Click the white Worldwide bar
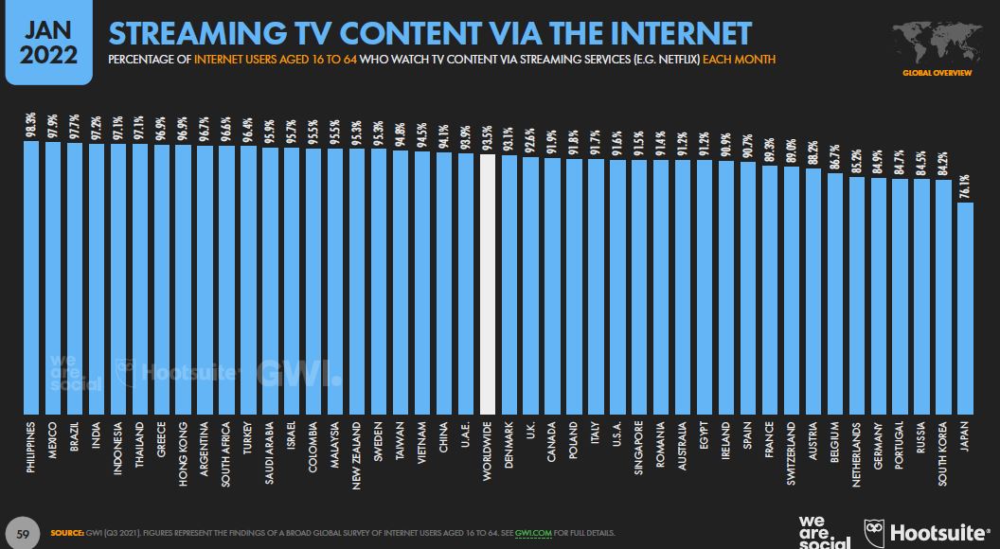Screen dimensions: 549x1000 coord(488,284)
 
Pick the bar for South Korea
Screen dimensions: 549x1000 coord(943,297)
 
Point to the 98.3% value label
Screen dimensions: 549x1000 coord(31,125)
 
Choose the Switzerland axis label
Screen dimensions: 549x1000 coord(792,453)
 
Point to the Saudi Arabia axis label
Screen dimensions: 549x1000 coord(271,452)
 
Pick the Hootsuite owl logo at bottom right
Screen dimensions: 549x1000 coord(876,531)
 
